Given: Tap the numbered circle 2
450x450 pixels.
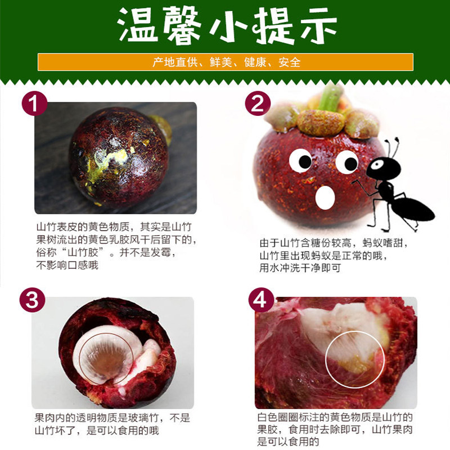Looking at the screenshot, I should coord(258,105).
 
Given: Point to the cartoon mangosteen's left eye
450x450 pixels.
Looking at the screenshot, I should coord(300,161).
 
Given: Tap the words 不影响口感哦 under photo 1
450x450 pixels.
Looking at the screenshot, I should coord(67,265).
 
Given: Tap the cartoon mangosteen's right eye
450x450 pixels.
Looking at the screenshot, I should coord(346,162).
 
